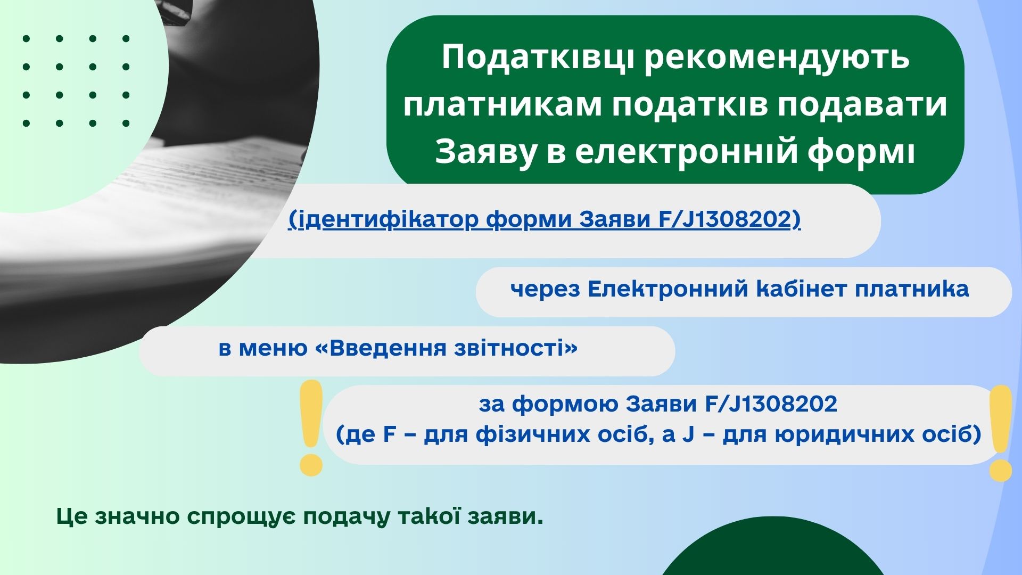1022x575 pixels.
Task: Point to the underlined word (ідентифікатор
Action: coord(383,220)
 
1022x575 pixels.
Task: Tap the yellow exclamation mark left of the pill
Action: coord(311,428)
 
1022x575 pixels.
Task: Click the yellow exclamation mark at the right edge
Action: coord(1000,433)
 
